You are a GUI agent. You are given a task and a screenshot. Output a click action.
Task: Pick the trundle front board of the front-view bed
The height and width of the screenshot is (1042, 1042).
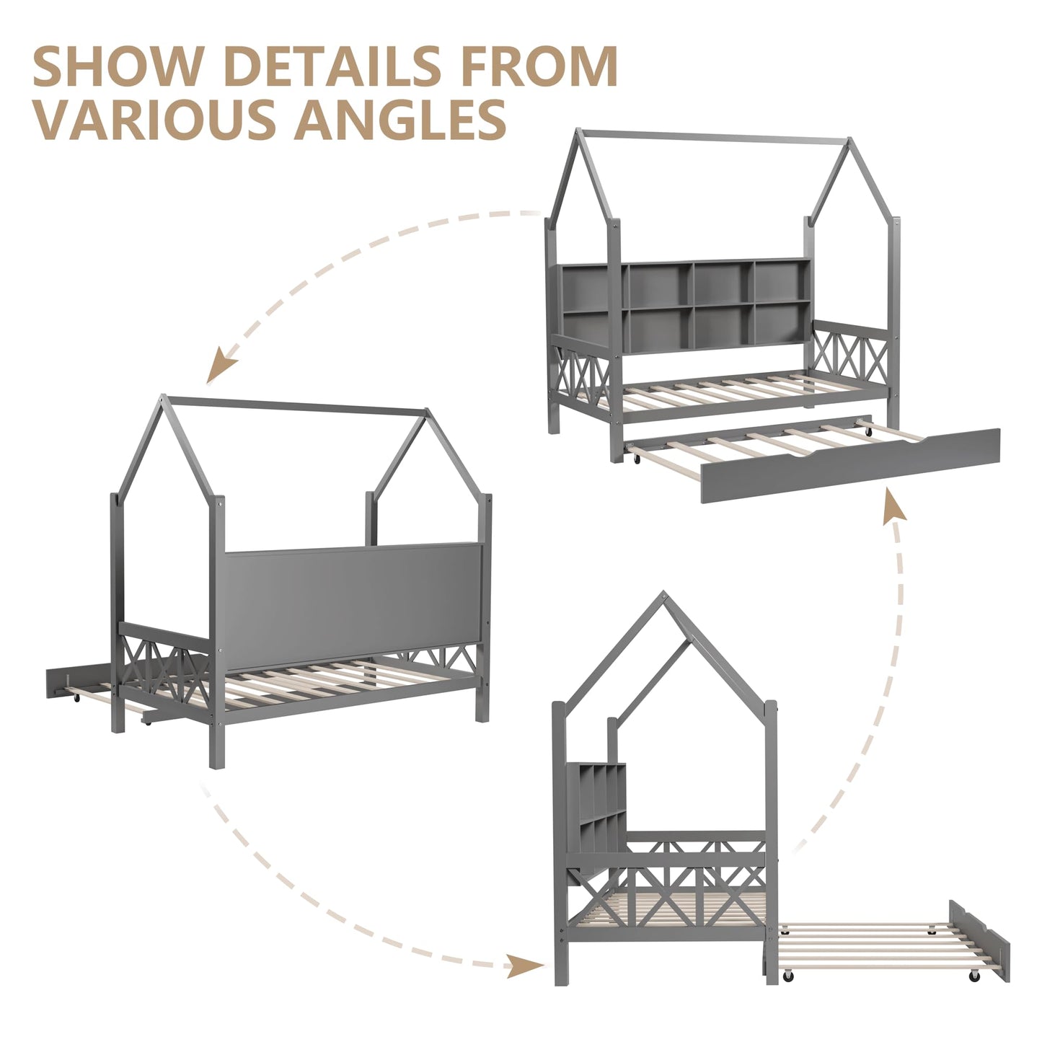pyautogui.click(x=850, y=466)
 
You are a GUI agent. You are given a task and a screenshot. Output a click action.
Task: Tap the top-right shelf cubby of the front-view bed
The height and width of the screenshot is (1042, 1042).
pyautogui.click(x=782, y=282)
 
